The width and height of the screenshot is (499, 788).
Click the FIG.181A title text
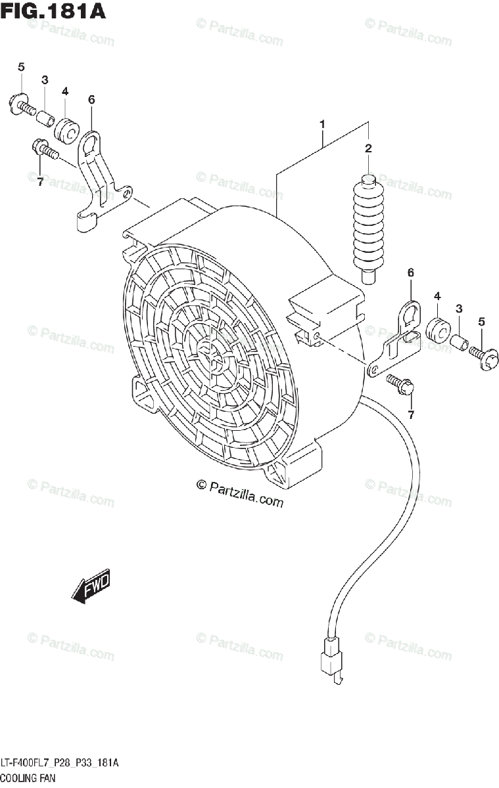pyautogui.click(x=53, y=11)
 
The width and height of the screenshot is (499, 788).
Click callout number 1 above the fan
pyautogui.click(x=323, y=123)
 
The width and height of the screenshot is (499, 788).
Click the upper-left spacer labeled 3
pyautogui.click(x=45, y=119)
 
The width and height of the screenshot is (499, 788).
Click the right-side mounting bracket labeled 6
pyautogui.click(x=397, y=338)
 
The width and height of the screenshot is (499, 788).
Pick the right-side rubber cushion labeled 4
pyautogui.click(x=437, y=328)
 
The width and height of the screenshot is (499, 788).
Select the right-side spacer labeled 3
pyautogui.click(x=460, y=342)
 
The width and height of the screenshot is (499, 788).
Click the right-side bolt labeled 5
pyautogui.click(x=482, y=355)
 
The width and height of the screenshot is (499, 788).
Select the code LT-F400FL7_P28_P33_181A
pyautogui.click(x=59, y=763)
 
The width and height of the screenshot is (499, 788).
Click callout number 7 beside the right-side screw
pyautogui.click(x=412, y=414)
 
